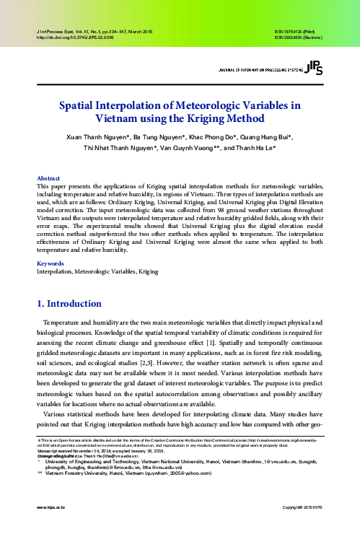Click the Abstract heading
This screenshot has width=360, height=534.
48,178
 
